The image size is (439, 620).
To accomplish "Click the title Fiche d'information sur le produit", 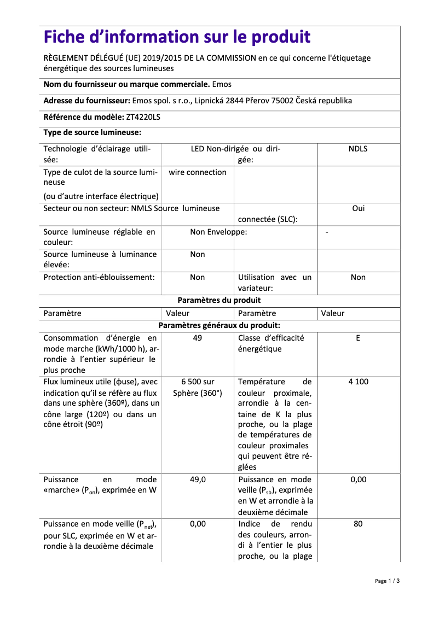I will pos(177,37).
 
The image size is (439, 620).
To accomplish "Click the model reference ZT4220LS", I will pos(143,117).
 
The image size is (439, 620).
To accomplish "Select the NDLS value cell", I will pos(358,149).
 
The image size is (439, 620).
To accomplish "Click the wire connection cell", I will pos(197,172).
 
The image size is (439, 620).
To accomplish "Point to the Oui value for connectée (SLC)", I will pos(358,208).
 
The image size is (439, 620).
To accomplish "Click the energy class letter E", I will pos(358,338).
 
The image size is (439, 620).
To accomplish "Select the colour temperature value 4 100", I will pos(358,382).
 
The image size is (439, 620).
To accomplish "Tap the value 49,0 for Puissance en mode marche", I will pos(198,479).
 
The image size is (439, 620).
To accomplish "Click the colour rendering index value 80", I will pos(358,524).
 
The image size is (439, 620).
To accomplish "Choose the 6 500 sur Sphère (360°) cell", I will pos(198,387).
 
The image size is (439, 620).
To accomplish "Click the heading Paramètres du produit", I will pos(219,300).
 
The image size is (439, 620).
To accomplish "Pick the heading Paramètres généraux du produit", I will pos(219,325).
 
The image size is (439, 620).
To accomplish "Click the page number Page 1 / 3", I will pos(387,581).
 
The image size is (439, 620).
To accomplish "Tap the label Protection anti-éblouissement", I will pos(99,277).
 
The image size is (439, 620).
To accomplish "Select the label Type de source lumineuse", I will pos(93,132).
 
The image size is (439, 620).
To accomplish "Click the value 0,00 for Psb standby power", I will pos(358,479).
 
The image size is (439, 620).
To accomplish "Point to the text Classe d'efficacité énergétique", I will pos(271,343).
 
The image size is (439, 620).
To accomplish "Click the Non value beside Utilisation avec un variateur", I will pos(358,277).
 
